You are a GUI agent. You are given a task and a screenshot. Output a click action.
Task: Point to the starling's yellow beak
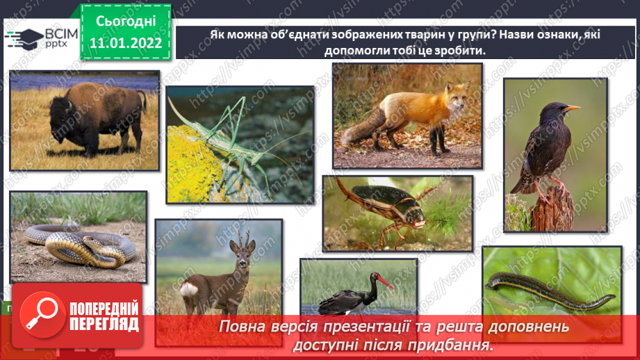(572, 108)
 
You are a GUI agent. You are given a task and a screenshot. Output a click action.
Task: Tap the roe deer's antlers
(242, 240)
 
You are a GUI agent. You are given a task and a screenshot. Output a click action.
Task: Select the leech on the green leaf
(549, 286)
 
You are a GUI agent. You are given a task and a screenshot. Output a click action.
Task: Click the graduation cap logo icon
(25, 38)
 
